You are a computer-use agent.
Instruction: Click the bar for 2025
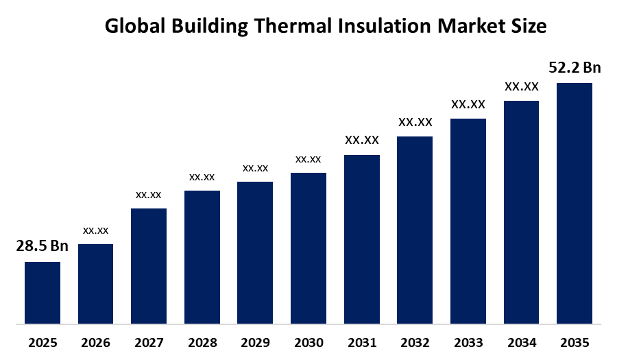point(43,292)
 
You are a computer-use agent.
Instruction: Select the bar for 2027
point(149,265)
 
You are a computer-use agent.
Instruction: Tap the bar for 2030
point(308,248)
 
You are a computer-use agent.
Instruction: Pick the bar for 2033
point(468,220)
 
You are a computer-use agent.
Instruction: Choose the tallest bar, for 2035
point(574,202)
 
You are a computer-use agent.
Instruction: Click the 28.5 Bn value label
point(43,246)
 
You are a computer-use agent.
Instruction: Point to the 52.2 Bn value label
point(574,67)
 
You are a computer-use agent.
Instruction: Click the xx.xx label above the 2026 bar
point(95,230)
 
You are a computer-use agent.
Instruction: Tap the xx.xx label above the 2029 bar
point(255,168)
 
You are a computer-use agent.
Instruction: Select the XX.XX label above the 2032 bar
point(415,122)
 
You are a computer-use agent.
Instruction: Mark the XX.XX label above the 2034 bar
point(522,86)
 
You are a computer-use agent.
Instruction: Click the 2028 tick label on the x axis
point(202,342)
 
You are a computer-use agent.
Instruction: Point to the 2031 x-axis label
point(361,342)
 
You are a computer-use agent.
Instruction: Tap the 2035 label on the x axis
point(574,342)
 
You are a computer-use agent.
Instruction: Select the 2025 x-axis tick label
point(43,342)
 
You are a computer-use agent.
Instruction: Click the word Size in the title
point(530,26)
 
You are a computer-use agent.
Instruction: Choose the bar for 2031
point(361,239)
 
